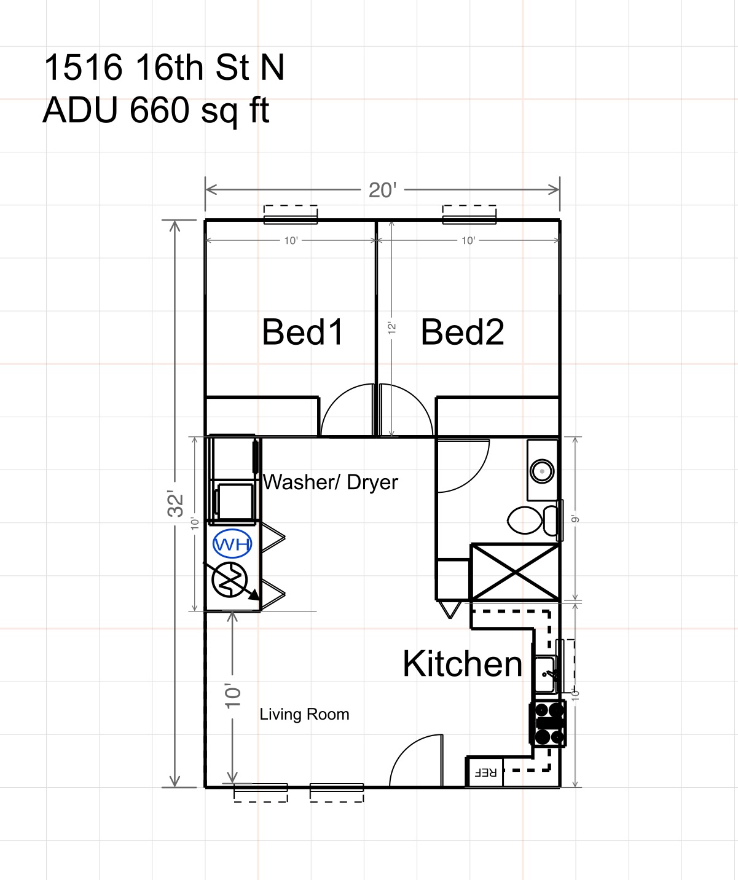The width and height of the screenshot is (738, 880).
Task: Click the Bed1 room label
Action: (x=302, y=332)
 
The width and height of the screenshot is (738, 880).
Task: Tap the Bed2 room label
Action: (x=462, y=332)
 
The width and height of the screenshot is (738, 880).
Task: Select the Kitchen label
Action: (x=462, y=664)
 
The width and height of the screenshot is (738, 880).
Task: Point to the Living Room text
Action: (x=304, y=715)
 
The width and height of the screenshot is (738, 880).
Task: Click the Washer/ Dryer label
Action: (x=330, y=482)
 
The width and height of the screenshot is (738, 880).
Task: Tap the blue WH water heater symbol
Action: (x=232, y=544)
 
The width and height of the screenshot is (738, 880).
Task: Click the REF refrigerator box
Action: (x=485, y=772)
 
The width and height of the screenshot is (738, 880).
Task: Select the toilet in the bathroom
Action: (x=533, y=521)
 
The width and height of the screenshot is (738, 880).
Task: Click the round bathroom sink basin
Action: (x=542, y=471)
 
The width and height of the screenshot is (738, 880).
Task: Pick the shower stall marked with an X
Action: (x=515, y=572)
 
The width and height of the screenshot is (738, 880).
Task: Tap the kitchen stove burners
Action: (x=548, y=724)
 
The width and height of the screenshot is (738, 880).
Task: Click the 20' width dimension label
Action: (x=382, y=190)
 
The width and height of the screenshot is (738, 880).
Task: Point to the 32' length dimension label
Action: (x=175, y=503)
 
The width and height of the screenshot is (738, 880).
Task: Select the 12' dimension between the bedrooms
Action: (x=392, y=328)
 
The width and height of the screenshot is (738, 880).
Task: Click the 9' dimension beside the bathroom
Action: (x=575, y=519)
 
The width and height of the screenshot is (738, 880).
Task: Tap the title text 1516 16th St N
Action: (x=164, y=68)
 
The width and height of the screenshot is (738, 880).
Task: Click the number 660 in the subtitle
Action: (x=159, y=110)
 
